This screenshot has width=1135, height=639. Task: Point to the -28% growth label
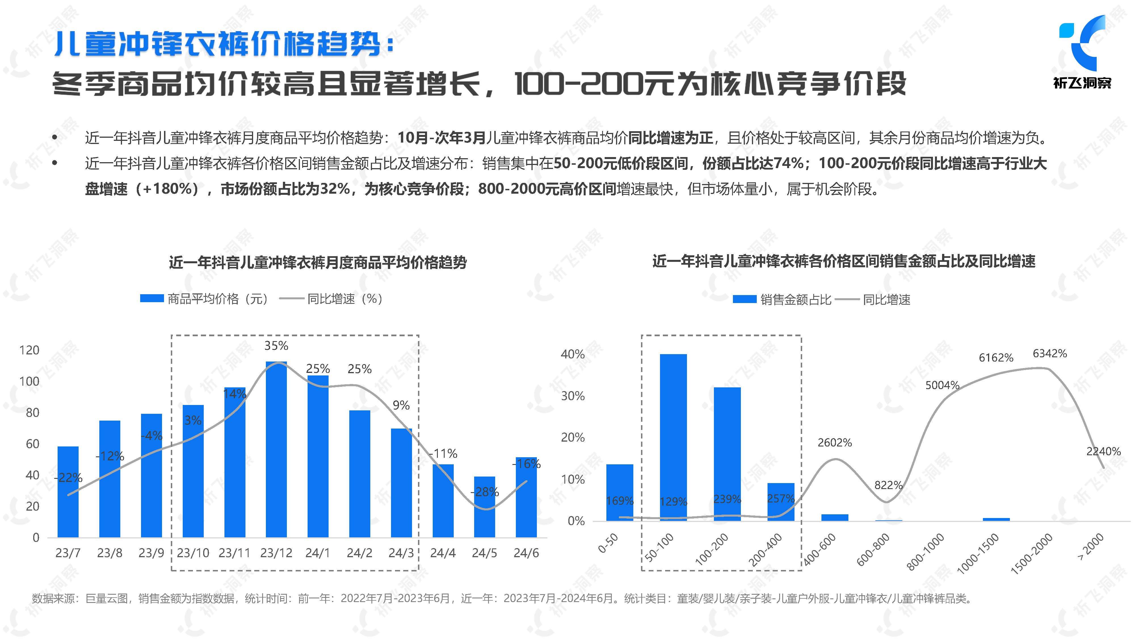click(x=484, y=492)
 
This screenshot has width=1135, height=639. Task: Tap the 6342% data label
click(x=1050, y=354)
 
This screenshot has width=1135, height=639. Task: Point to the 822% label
click(x=888, y=485)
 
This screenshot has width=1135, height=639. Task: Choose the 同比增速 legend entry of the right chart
click(x=886, y=300)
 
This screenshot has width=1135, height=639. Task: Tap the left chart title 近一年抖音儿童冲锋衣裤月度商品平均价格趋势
click(x=317, y=262)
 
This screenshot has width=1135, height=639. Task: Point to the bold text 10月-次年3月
click(x=441, y=138)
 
